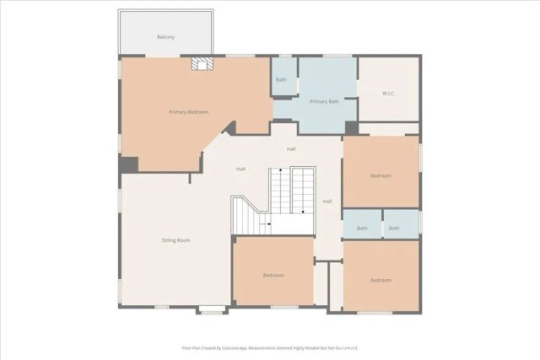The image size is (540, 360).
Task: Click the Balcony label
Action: point(165,37)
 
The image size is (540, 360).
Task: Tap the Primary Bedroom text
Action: point(188,111)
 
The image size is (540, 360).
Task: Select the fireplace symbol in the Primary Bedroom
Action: point(200,64)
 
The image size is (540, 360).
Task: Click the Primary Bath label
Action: point(324,101)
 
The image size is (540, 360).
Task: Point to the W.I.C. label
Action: point(389,93)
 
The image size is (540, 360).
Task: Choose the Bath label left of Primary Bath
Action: point(281,80)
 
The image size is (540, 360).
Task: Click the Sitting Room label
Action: point(175,240)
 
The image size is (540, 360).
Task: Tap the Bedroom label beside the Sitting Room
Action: point(273,275)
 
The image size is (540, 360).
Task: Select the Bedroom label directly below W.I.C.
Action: point(381,175)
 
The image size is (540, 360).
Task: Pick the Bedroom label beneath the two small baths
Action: point(381,280)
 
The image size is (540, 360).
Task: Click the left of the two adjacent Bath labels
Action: point(362,228)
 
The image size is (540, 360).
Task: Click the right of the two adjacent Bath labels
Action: point(394,228)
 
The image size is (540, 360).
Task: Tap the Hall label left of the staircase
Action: point(241,169)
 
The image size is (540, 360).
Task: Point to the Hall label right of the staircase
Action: point(327,201)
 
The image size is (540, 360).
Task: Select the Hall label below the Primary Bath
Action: point(291,149)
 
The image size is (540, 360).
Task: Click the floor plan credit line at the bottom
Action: point(270,347)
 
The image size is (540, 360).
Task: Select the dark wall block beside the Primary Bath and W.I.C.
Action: point(351,128)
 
